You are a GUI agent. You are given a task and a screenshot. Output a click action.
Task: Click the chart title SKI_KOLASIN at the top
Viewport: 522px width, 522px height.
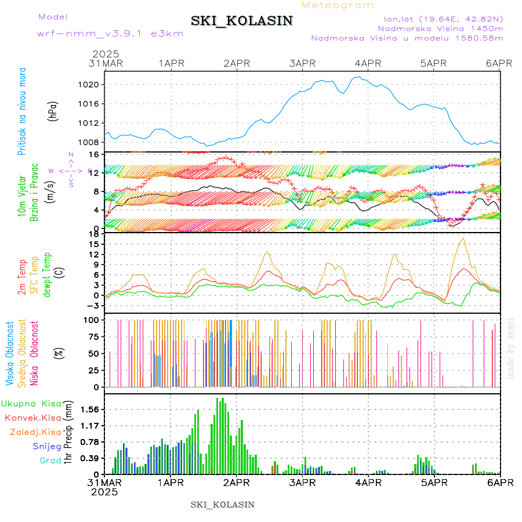click(242, 21)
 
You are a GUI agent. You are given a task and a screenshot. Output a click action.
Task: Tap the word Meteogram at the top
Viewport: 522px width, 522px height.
click(338, 5)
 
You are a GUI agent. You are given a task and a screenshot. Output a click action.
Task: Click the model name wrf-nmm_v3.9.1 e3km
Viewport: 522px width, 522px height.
click(110, 34)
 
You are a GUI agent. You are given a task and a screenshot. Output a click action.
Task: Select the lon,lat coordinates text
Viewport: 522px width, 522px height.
click(440, 18)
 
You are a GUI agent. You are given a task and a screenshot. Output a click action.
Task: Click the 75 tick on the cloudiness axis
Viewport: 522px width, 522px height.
click(93, 336)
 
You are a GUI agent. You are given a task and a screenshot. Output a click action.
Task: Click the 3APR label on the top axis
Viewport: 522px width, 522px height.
click(302, 63)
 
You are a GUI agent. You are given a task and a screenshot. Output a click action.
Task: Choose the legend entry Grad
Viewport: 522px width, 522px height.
click(50, 461)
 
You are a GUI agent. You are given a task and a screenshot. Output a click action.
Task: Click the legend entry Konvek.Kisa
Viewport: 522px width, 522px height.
click(32, 418)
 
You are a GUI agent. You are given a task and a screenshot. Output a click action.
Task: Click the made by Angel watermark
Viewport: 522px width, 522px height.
click(510, 348)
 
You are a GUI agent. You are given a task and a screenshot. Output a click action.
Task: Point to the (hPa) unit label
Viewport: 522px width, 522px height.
click(53, 111)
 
